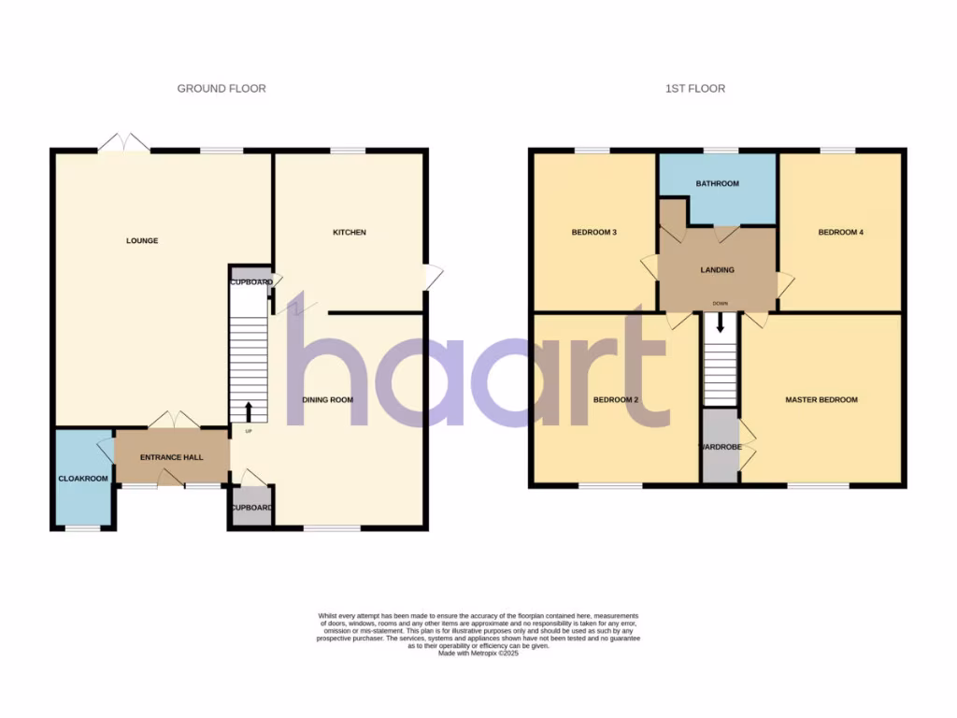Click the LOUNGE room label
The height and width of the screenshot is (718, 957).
(142, 241)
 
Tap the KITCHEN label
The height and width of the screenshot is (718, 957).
(350, 233)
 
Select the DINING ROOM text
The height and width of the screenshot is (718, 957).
(327, 400)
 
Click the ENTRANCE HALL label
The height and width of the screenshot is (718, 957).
(171, 457)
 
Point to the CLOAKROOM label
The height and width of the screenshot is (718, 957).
(83, 479)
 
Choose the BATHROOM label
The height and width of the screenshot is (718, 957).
(717, 184)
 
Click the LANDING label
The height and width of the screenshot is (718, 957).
(717, 270)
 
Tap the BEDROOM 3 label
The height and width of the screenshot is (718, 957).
(593, 233)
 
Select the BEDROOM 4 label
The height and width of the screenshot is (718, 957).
(840, 233)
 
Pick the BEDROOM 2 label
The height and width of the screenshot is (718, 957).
(616, 400)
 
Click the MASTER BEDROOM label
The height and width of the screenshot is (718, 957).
(821, 400)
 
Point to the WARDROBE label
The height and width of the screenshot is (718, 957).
(721, 448)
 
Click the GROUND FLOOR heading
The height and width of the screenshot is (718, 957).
(221, 89)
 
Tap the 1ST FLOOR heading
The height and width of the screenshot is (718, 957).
(694, 89)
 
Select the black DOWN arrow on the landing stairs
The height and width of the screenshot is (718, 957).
(720, 324)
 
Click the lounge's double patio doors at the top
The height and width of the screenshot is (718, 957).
(124, 143)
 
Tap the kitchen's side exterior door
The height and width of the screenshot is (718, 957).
(434, 278)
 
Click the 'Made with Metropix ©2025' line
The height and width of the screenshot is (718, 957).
(478, 653)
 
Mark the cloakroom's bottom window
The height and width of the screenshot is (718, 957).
(82, 529)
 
